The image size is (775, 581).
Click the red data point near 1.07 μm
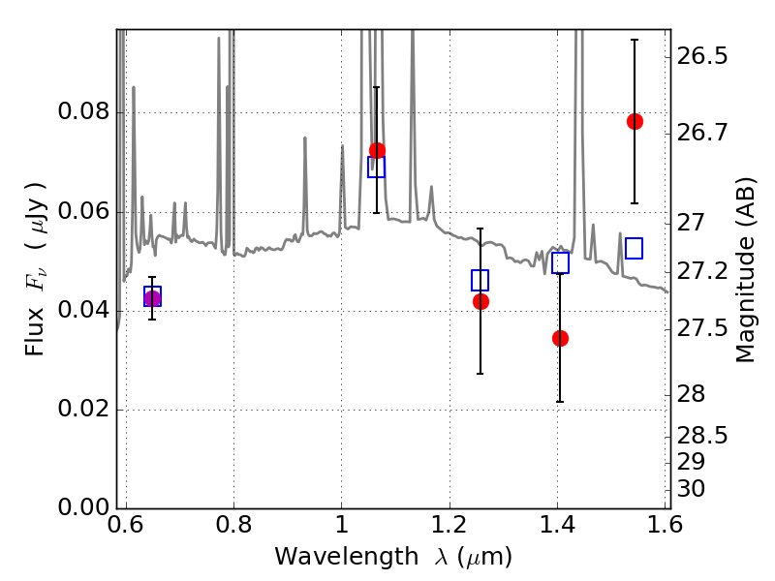point(377,151)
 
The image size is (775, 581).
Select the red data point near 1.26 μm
point(480,301)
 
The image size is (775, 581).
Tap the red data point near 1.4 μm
point(560,338)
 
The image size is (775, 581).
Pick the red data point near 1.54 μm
point(635,121)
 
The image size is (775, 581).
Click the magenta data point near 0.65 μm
point(152,298)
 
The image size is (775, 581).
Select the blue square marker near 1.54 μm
point(635,249)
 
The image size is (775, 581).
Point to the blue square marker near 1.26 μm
point(480,280)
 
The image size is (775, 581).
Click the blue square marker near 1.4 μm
point(560,262)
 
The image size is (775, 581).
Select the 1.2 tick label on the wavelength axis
point(449,526)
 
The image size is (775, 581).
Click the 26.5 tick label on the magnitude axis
point(705,56)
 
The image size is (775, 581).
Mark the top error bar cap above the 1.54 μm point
point(635,40)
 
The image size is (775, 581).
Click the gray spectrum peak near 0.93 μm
point(305,138)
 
